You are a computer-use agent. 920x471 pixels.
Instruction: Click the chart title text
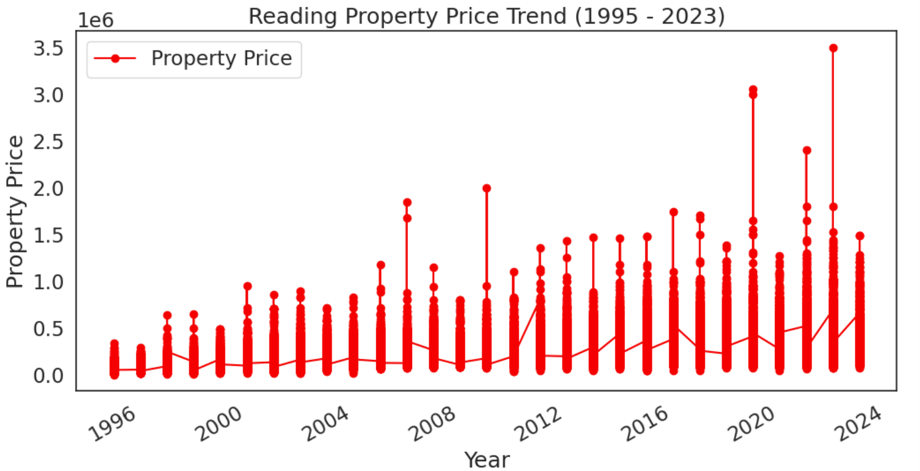click(486, 16)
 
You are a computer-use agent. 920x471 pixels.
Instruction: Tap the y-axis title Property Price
click(15, 211)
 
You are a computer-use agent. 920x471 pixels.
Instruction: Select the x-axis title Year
click(487, 459)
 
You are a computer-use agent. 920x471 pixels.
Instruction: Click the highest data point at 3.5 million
click(833, 48)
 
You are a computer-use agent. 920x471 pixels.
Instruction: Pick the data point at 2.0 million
click(487, 188)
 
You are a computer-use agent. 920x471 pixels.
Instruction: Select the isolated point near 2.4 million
click(807, 151)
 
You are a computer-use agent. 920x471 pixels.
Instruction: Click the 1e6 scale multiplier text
click(96, 20)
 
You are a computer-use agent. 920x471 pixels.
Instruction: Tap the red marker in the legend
click(115, 58)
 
